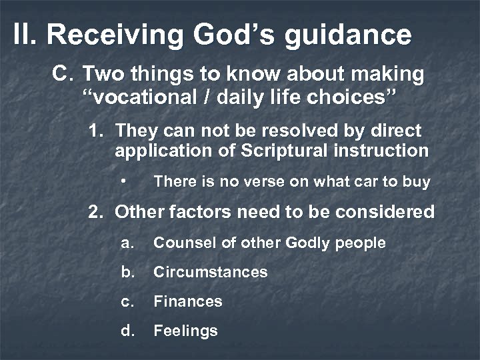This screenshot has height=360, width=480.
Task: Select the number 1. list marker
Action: tap(98, 131)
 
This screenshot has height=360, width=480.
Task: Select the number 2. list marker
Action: tap(98, 213)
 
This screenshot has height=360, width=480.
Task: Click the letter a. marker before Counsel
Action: tap(127, 243)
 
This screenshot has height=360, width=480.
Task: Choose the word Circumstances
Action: tap(210, 272)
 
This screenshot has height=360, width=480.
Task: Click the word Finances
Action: tap(187, 301)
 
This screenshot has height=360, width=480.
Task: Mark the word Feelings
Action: tap(185, 331)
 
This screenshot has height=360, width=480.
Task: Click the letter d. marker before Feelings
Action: tap(127, 331)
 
